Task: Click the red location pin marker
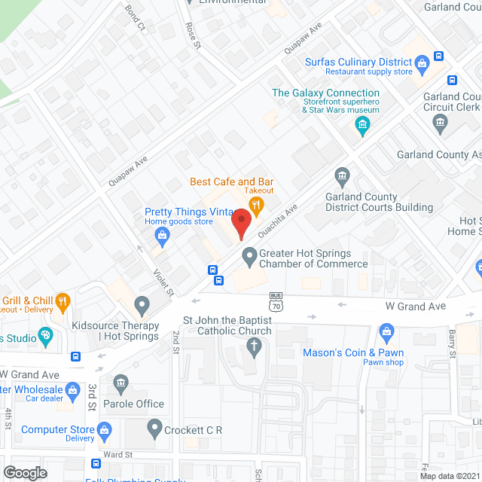tap(240, 223)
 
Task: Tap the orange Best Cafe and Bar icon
tap(257, 203)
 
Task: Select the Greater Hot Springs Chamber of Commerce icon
tap(249, 258)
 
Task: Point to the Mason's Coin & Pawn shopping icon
tap(387, 331)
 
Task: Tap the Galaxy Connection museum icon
tap(363, 124)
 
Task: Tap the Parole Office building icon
tap(120, 385)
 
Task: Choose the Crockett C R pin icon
tap(154, 430)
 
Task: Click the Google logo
tap(24, 472)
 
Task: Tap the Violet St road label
tap(164, 282)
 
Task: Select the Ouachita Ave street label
tap(278, 221)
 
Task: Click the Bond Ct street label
tap(136, 17)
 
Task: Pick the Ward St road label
tap(118, 455)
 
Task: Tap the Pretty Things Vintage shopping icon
tap(161, 236)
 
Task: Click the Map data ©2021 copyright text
tap(449, 476)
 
